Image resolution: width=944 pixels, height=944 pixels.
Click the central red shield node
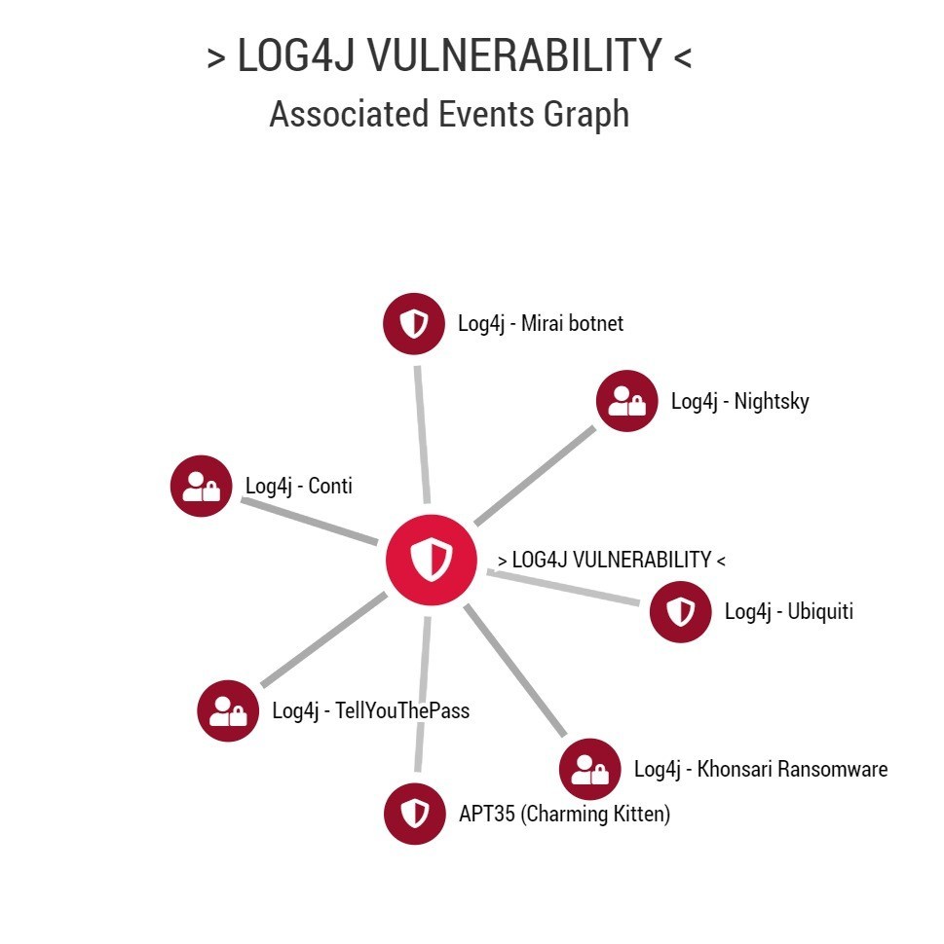[x=431, y=560]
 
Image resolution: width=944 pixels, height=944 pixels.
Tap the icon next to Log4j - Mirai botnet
[x=415, y=323]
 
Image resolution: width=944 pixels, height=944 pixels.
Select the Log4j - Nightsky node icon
[x=626, y=401]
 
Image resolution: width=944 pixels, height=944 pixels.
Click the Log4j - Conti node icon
[x=202, y=486]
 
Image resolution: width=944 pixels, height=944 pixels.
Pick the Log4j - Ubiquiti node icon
[x=680, y=611]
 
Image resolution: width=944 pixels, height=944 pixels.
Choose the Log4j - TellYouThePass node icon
[x=228, y=710]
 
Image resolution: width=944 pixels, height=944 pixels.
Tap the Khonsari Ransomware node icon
[x=589, y=769]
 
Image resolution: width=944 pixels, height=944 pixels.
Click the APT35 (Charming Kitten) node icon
[x=415, y=814]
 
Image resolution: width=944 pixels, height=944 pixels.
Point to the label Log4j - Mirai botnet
[x=541, y=324]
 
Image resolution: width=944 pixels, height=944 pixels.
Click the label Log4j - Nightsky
[x=739, y=401]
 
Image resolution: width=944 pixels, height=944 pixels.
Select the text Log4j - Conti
[x=298, y=487]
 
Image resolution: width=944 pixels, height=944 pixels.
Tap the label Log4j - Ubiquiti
[x=788, y=612]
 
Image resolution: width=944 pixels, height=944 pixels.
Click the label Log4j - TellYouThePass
[x=370, y=711]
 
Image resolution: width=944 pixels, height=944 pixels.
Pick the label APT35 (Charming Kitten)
[x=564, y=815]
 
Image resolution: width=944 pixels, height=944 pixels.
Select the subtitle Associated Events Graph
[x=448, y=115]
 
